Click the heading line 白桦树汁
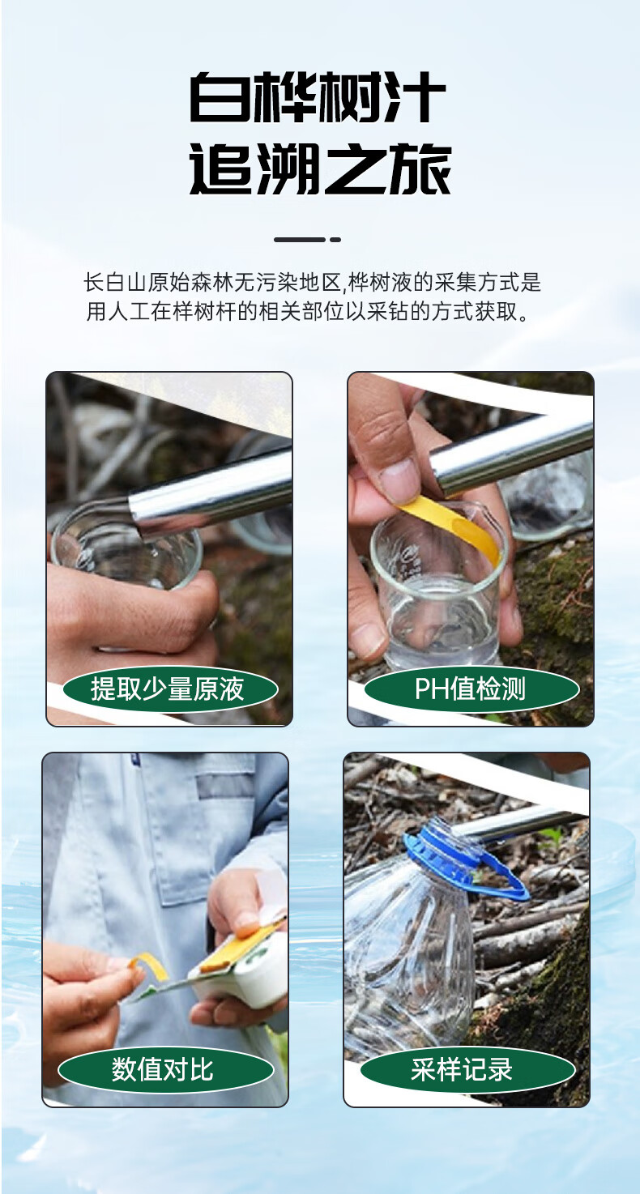click(318, 97)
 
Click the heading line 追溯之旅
click(321, 169)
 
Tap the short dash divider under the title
click(308, 240)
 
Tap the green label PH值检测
click(471, 689)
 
